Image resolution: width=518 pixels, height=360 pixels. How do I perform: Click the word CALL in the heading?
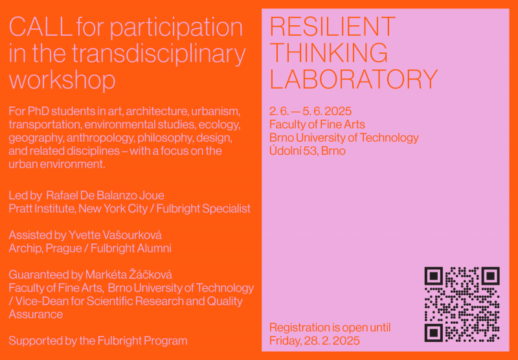coord(41,27)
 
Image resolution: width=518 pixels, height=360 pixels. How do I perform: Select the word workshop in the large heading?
coord(62,81)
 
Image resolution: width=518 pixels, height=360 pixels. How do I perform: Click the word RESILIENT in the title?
coord(332,27)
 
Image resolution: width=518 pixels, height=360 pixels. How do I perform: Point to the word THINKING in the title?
coord(329,53)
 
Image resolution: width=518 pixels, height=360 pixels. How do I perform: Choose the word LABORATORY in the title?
coord(354,79)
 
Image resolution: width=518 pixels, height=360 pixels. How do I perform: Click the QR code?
coord(462,304)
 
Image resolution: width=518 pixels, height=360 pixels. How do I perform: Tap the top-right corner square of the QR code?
coord(490,276)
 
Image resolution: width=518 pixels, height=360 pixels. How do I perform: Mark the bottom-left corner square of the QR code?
coord(433,333)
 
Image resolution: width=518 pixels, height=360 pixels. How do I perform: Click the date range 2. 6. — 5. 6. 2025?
coord(311,111)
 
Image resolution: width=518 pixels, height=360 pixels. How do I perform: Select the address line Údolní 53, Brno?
coord(308,151)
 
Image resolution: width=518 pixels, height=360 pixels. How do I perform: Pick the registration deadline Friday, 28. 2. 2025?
coord(315,341)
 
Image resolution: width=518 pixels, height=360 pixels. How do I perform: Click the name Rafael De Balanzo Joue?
coord(105,196)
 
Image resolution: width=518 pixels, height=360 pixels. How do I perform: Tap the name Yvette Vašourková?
coord(115,235)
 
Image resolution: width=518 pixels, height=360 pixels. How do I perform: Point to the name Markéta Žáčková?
coord(128,275)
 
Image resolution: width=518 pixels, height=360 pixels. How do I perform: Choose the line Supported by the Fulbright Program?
coord(98,341)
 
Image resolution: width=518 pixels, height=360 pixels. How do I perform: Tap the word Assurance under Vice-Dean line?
coord(36,315)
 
